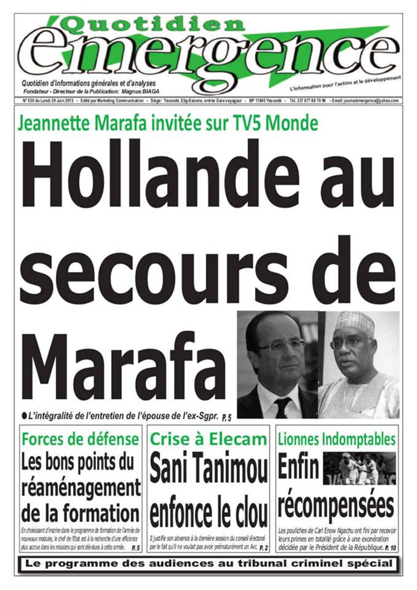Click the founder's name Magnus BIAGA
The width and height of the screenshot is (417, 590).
pos(139,91)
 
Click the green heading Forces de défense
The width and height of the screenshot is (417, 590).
pos(80,439)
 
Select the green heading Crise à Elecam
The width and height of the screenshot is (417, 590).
pos(208,440)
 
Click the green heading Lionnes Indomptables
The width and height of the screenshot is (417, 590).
pos(336,440)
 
